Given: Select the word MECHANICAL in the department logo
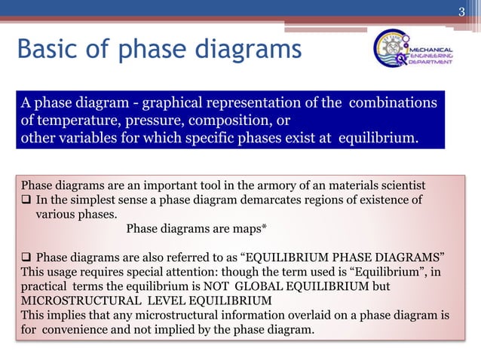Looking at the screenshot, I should point(431,46).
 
